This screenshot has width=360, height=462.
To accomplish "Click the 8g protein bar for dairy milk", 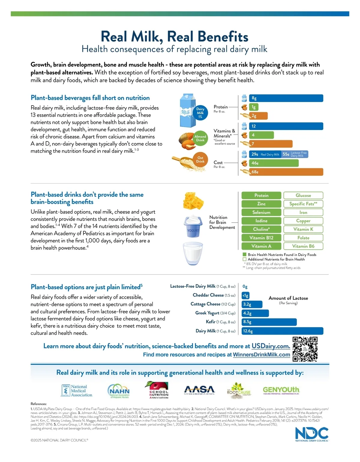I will click(x=286, y=98).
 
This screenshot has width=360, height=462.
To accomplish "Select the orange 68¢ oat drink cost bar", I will click(x=286, y=172).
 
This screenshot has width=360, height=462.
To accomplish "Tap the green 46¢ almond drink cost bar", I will click(x=274, y=163).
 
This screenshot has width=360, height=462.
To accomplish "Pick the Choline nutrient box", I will click(x=261, y=229).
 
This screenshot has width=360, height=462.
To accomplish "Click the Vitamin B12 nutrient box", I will click(x=261, y=238).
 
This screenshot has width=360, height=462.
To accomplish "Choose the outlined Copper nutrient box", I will click(x=303, y=221).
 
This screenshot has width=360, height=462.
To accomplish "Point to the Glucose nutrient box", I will click(x=303, y=195).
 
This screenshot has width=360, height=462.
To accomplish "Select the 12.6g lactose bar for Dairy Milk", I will click(x=283, y=331).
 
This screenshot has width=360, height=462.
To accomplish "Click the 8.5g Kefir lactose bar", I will click(x=269, y=322).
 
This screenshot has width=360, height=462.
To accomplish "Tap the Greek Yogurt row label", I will click(x=215, y=313).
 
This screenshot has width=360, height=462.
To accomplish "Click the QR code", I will click(x=305, y=349).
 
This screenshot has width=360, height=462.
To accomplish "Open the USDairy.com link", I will click(x=271, y=346).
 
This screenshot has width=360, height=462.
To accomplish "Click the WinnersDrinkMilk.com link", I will click(x=261, y=355).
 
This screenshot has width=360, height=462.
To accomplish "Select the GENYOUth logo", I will click(x=281, y=390).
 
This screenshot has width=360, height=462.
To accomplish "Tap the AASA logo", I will click(x=199, y=390).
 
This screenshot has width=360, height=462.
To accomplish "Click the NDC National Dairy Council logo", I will click(x=312, y=434).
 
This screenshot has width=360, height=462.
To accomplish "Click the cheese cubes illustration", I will click(x=193, y=201).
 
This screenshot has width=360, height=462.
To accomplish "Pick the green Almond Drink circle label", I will click(x=200, y=138).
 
